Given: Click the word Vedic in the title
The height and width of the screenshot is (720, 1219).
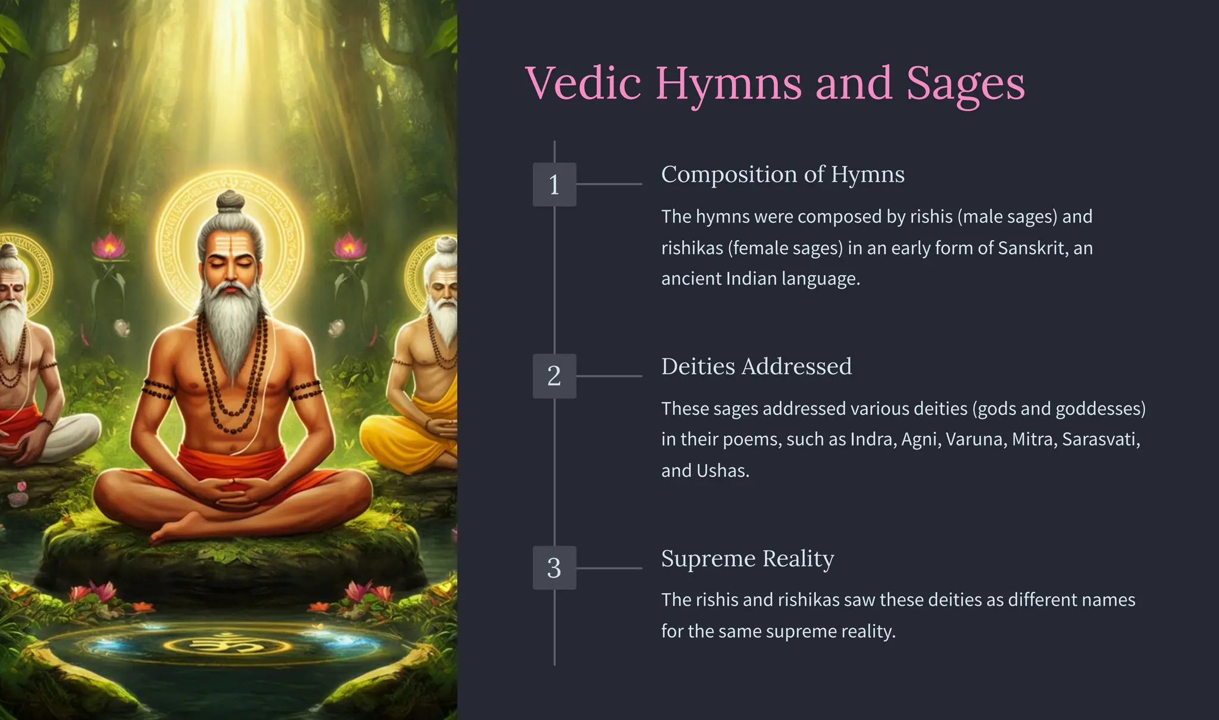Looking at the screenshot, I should (583, 83).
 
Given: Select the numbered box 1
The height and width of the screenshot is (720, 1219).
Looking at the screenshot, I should (554, 185).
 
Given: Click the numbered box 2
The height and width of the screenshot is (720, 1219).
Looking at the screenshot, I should (554, 376).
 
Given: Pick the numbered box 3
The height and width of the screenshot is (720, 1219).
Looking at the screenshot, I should (554, 568).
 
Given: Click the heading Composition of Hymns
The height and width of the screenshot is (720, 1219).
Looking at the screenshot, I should (782, 174).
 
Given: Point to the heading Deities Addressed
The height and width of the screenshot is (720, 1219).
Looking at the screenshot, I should (756, 366).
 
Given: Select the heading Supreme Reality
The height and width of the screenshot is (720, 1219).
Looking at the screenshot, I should (747, 559).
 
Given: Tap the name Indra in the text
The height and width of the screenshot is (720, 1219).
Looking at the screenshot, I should (872, 440).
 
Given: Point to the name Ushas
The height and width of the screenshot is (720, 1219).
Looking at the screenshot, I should (721, 470).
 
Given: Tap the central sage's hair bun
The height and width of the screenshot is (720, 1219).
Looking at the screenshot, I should (230, 201).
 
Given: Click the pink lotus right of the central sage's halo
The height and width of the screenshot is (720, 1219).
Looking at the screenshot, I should (350, 246).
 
